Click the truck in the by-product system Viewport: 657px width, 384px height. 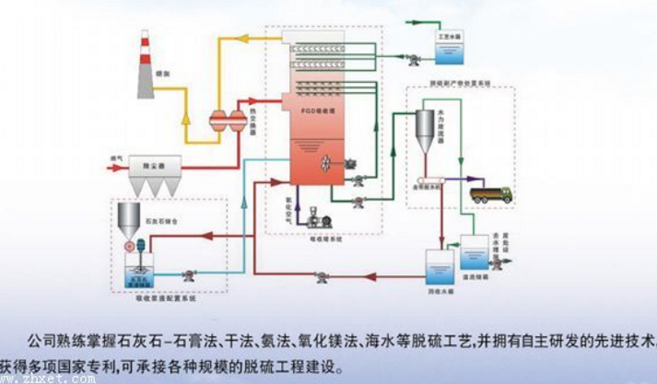click(x=491, y=193)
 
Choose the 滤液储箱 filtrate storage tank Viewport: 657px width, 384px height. click(x=475, y=251)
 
